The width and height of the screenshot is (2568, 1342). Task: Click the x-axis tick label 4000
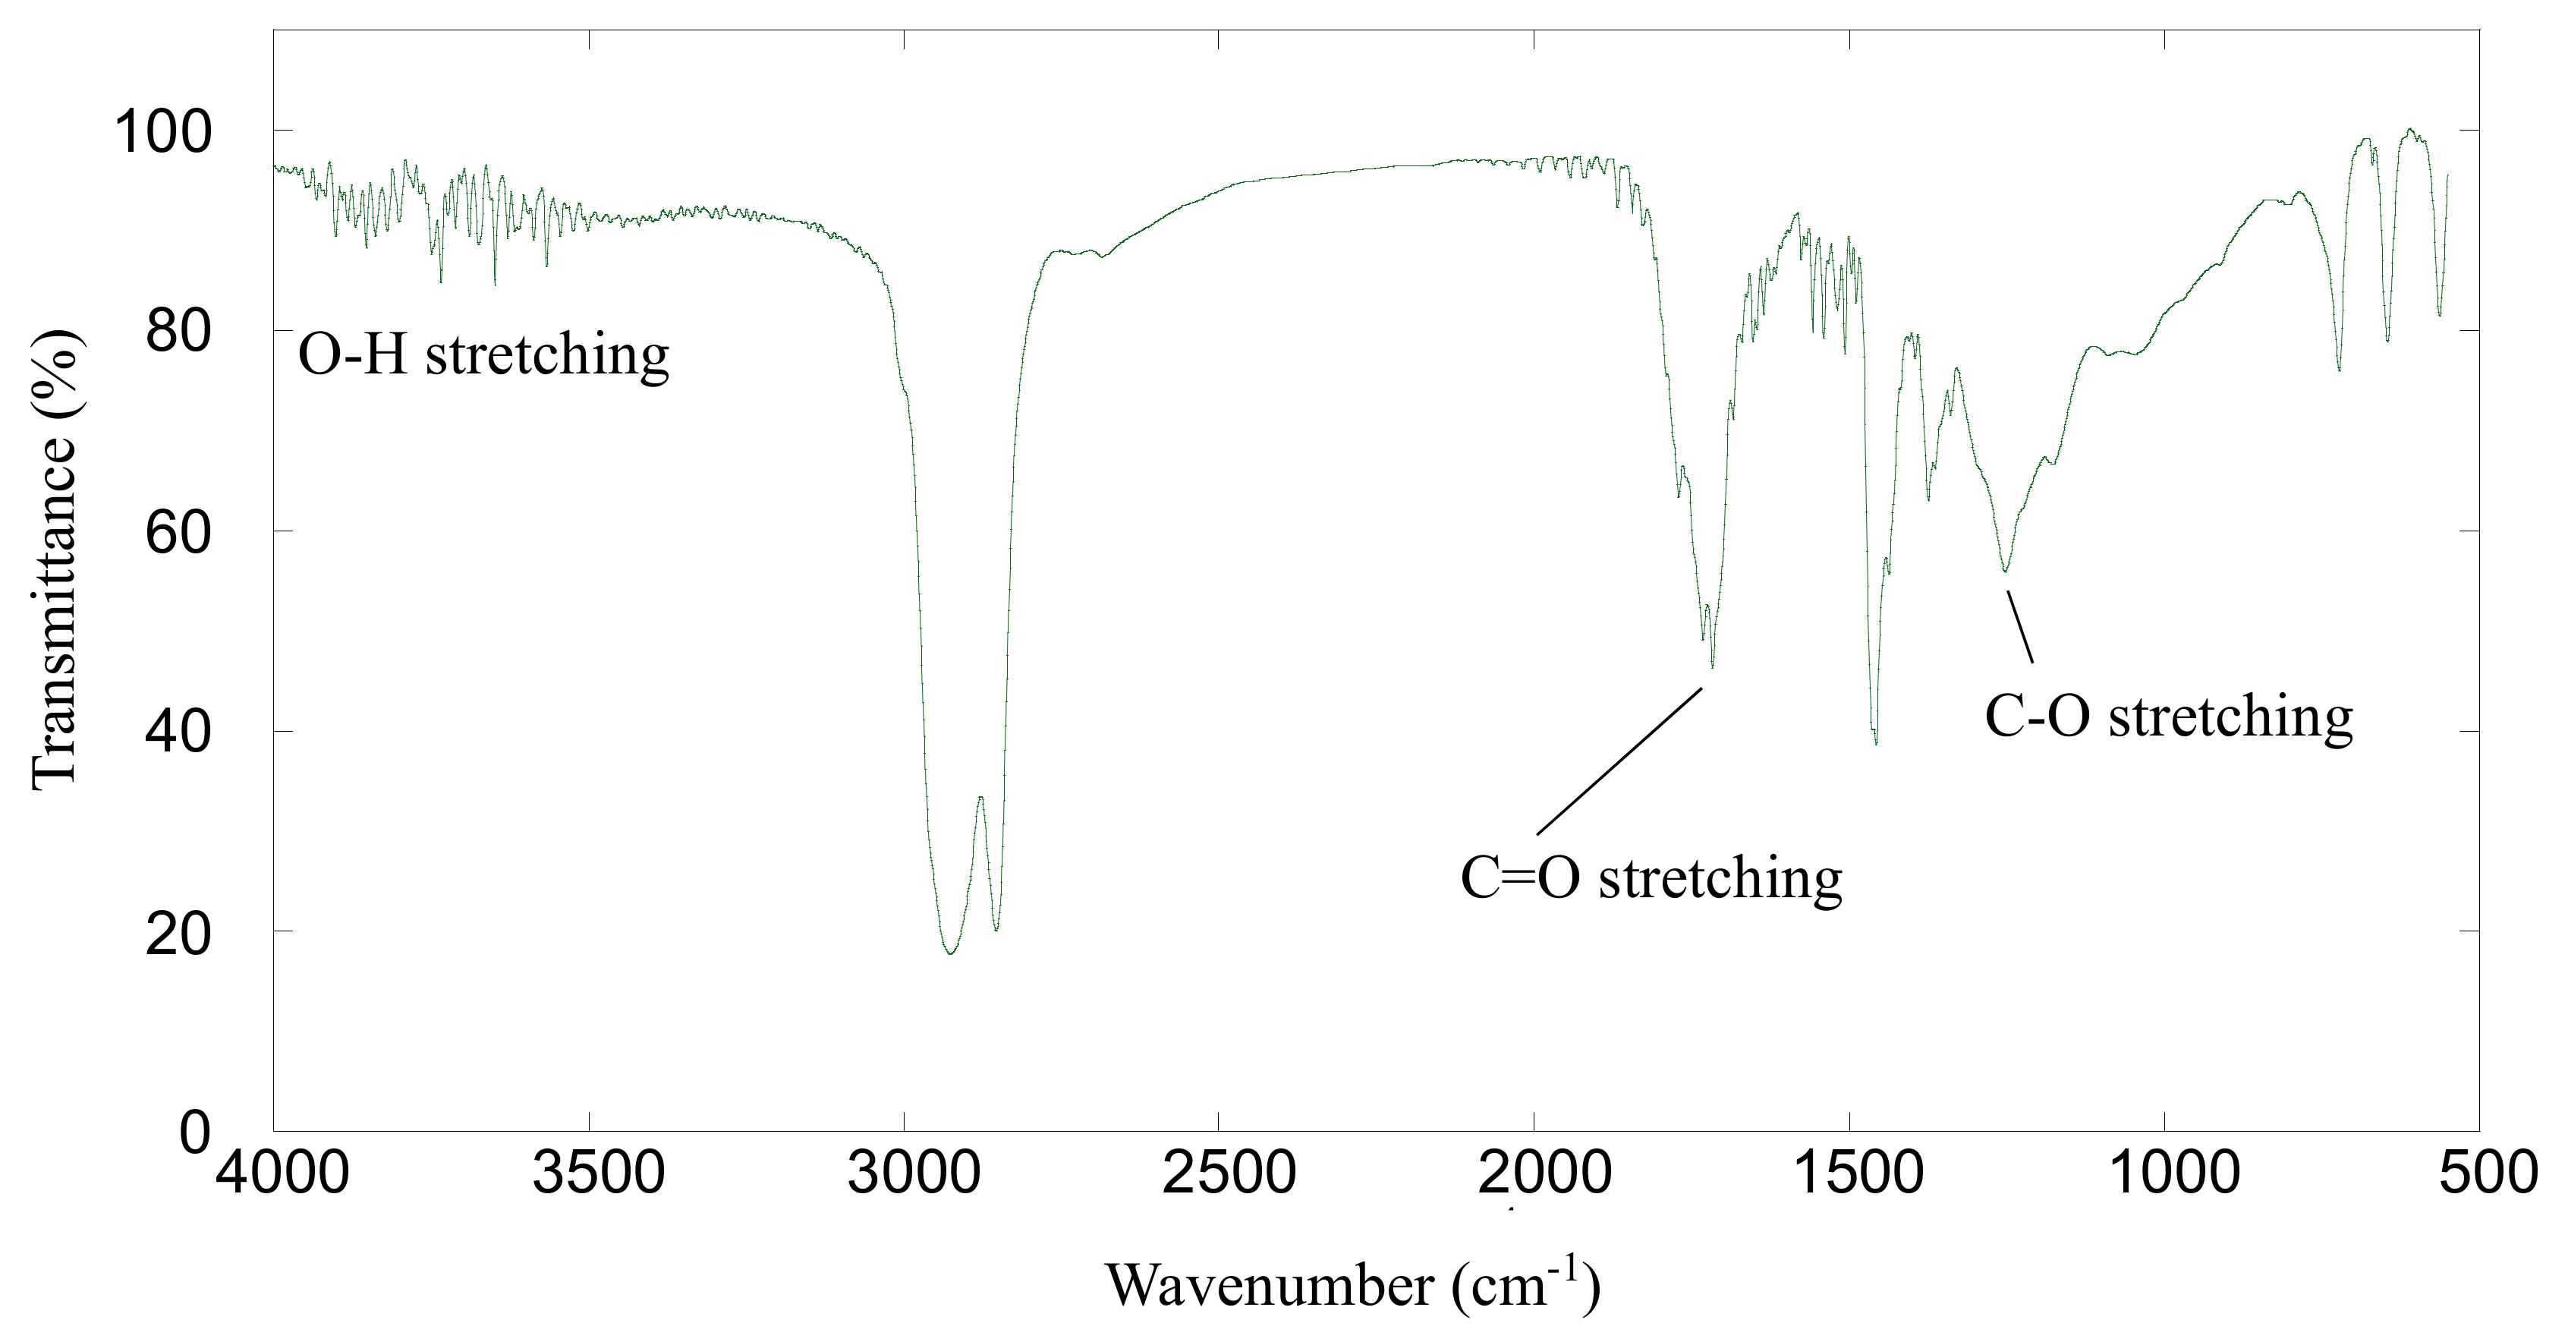pos(282,1173)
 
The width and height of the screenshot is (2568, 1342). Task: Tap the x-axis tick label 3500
pos(598,1173)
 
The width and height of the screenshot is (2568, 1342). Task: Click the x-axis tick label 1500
pos(1858,1173)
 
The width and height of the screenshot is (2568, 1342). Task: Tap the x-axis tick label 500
pos(2488,1173)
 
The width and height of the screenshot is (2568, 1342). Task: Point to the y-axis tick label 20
pos(178,934)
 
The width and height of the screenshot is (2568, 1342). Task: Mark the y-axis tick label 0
pos(195,1133)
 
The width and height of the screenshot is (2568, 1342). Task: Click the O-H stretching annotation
pos(483,356)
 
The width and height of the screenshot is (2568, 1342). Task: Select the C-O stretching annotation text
pos(2168,717)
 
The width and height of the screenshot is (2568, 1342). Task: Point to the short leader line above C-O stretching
pos(2019,626)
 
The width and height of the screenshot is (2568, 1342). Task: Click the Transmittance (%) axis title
pos(54,559)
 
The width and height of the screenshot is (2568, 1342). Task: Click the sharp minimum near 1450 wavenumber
pos(1876,743)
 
